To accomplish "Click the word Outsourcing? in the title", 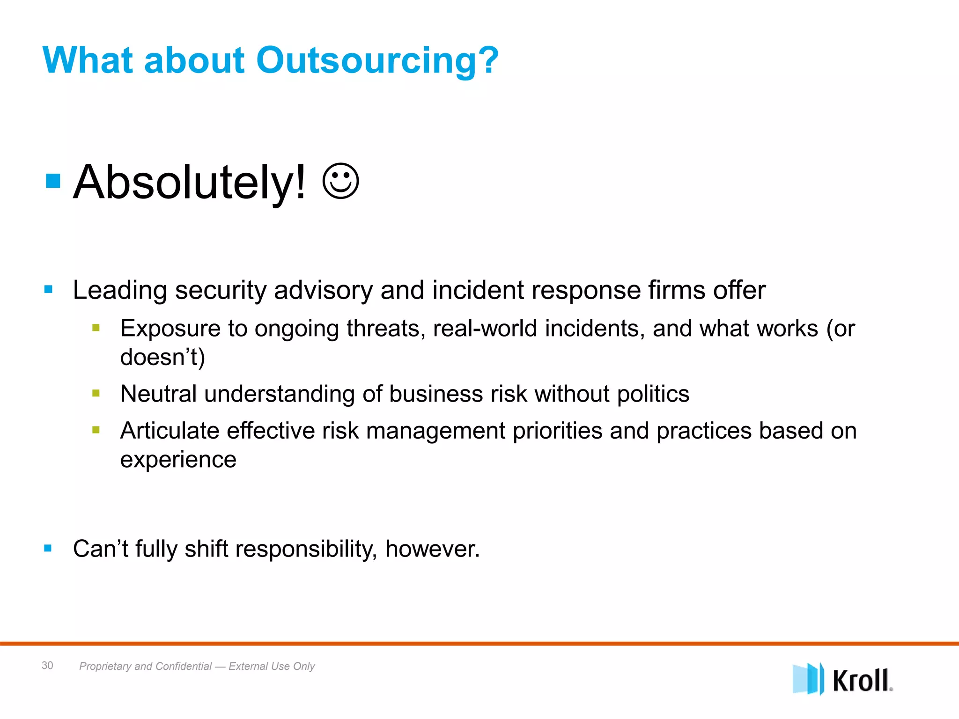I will (x=377, y=61).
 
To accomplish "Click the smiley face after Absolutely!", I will (x=341, y=182).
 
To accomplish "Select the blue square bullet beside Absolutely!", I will (x=53, y=181).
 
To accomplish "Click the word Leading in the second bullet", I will (x=120, y=290).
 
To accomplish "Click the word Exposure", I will (x=170, y=329).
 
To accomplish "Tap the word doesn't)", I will (x=162, y=357).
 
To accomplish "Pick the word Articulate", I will (x=169, y=431).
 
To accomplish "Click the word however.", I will (x=433, y=549).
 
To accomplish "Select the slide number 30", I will (x=47, y=665).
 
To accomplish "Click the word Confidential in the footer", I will (x=184, y=666).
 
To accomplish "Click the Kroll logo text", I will (x=862, y=681).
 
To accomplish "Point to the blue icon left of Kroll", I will (x=807, y=679).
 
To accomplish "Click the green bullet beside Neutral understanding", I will (x=96, y=393).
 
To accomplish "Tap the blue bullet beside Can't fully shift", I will (x=48, y=548).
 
